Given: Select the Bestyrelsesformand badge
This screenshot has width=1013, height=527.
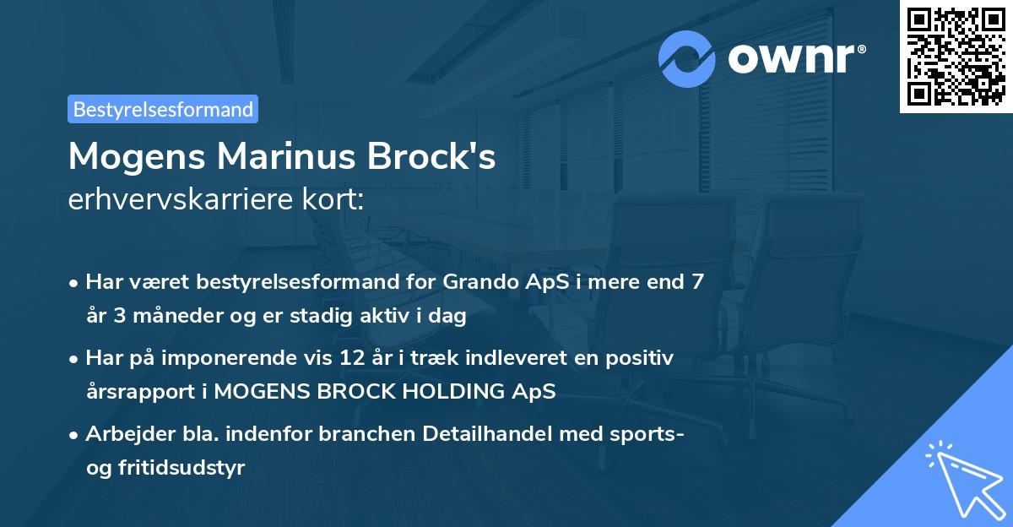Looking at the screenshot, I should pyautogui.click(x=163, y=109).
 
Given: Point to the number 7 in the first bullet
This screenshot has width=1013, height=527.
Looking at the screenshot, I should pyautogui.click(x=697, y=282).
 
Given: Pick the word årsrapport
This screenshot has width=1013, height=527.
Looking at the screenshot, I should pyautogui.click(x=136, y=392).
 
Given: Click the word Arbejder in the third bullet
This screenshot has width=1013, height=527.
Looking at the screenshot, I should pyautogui.click(x=123, y=434).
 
